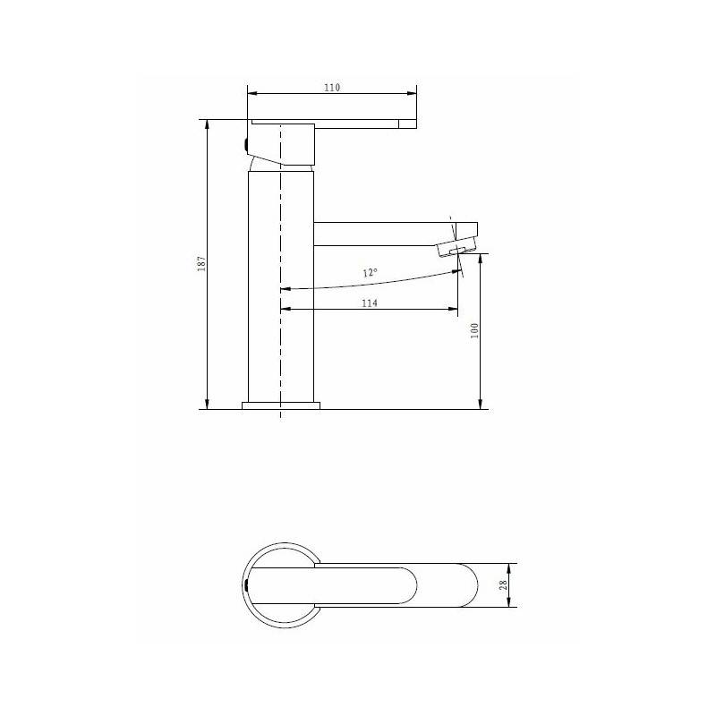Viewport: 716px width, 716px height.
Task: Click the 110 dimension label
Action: click(x=332, y=87)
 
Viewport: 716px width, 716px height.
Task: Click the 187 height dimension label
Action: click(x=201, y=263)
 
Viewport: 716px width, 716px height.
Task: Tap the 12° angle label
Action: click(x=370, y=273)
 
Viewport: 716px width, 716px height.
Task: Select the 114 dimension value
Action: click(x=370, y=303)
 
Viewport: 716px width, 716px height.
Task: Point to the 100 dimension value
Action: click(x=474, y=330)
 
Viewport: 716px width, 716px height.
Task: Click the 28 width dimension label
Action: click(x=503, y=585)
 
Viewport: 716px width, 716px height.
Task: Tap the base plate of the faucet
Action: click(x=281, y=405)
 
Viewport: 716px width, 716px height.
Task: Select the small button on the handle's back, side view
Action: click(x=245, y=146)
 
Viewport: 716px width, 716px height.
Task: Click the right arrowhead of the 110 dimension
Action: click(x=413, y=94)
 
